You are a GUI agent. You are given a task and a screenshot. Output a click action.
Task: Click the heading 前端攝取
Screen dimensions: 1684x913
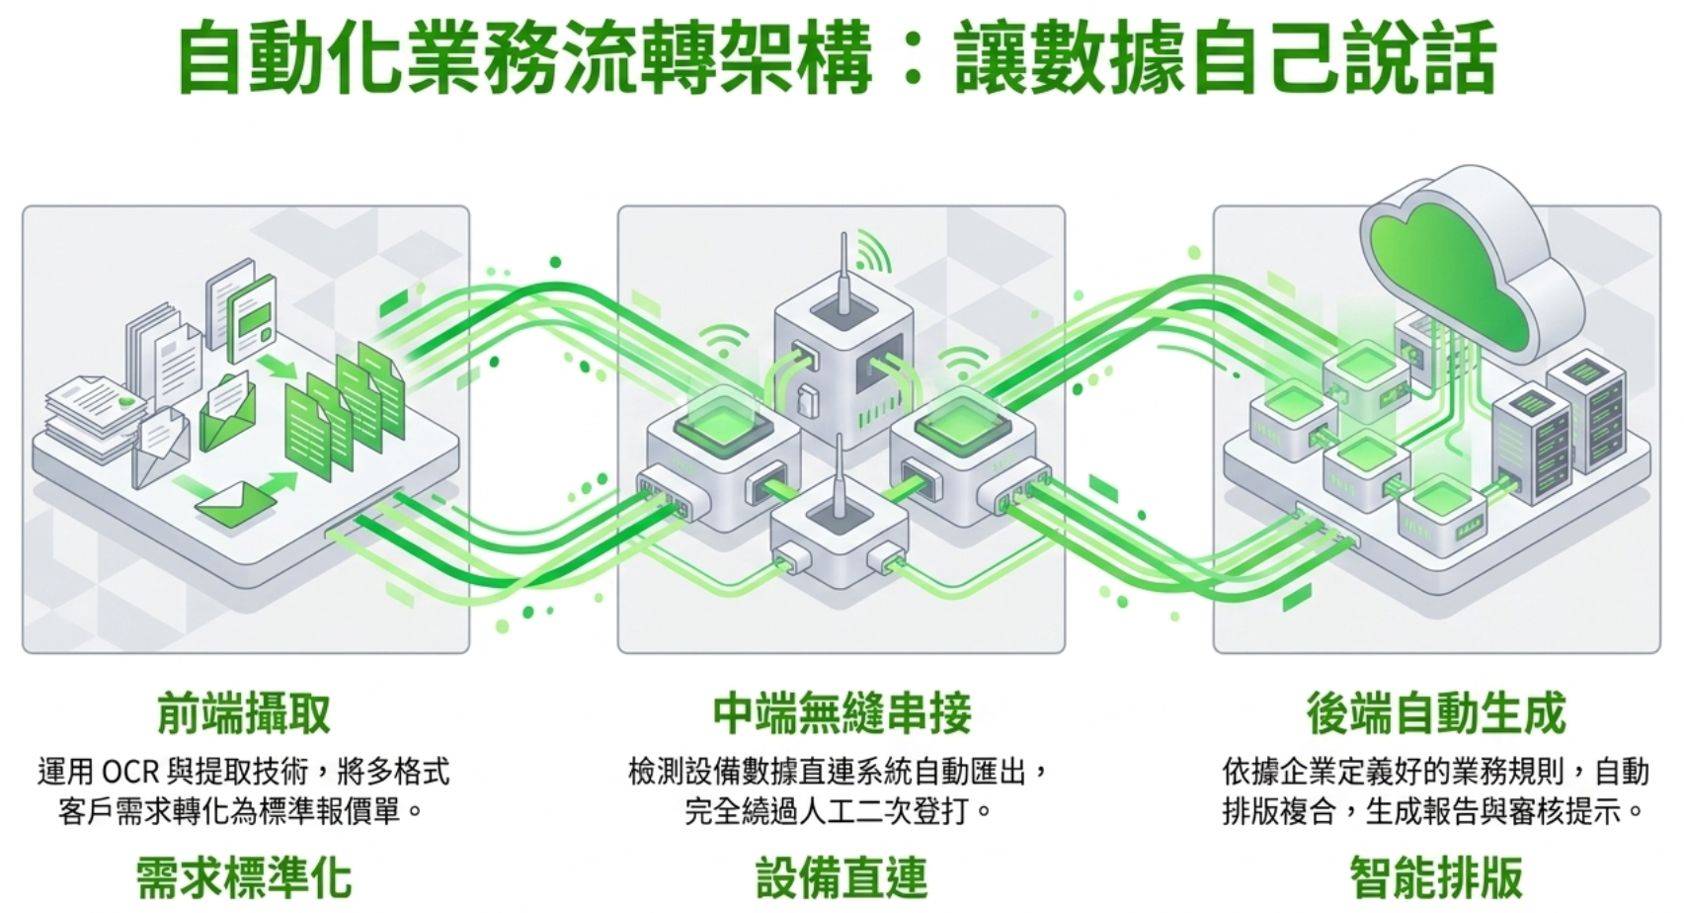244,713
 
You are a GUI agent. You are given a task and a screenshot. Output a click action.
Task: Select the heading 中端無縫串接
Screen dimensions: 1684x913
842,713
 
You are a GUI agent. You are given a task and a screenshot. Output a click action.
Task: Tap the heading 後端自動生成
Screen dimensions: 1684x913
1436,713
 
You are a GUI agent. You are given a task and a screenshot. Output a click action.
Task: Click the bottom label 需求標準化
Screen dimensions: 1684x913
244,876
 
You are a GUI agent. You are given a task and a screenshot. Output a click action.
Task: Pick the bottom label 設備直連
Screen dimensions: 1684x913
842,876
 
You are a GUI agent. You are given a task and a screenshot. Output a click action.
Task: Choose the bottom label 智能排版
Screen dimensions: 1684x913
1436,876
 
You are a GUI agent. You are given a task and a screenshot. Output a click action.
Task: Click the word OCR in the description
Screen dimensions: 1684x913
127,772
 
